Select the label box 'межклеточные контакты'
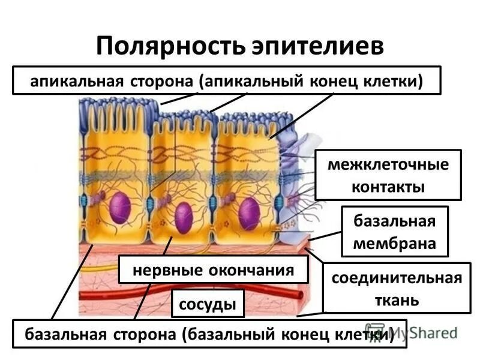point(388,175)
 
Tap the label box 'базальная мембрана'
point(394,232)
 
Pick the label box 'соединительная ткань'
point(397,289)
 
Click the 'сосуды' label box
point(208,304)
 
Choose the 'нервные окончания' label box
point(213,270)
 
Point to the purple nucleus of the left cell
point(120,208)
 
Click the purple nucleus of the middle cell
point(184,217)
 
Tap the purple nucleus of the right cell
point(249,214)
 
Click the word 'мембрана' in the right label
point(394,244)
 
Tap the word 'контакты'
point(388,187)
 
